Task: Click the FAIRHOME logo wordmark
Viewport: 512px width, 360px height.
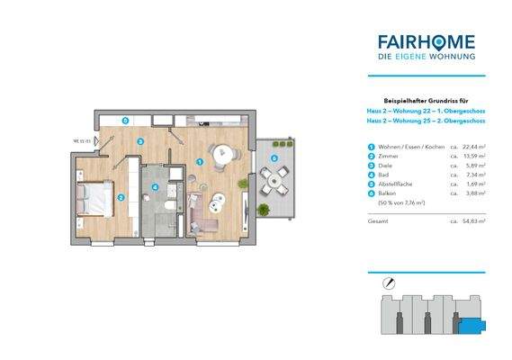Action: pos(427,40)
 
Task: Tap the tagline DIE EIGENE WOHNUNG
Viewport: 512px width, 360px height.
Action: pos(427,58)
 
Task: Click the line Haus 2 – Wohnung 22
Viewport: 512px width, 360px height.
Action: pos(427,111)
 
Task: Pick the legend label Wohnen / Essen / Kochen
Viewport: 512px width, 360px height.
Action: pos(406,147)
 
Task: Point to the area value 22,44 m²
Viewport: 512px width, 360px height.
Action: pos(473,147)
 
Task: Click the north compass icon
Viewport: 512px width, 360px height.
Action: pos(388,283)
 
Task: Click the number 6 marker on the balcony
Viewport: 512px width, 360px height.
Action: pos(274,159)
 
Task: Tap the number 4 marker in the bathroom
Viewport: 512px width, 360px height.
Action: pos(155,188)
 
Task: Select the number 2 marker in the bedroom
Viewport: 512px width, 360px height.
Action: pos(121,197)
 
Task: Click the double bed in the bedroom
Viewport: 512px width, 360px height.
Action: pos(94,199)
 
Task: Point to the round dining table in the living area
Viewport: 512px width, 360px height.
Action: pos(220,154)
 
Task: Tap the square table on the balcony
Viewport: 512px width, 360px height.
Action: pos(274,181)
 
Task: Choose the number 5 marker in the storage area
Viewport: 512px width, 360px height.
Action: pos(126,119)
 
